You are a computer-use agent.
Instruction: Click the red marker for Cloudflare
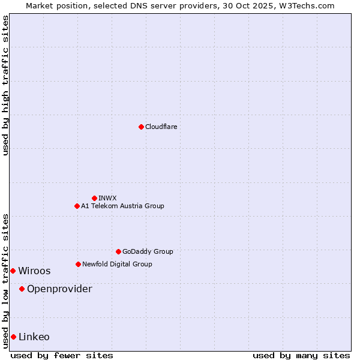[x=141, y=127]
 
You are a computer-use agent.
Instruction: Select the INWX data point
[x=94, y=198]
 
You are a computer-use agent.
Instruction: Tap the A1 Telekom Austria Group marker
[x=77, y=206]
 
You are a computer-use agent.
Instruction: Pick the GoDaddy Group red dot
[x=118, y=251]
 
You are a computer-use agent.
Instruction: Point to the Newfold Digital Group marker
[x=78, y=264]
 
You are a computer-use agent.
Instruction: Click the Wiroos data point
[x=13, y=271]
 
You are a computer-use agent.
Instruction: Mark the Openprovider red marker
[x=22, y=289]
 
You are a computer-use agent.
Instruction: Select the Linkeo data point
[x=13, y=337]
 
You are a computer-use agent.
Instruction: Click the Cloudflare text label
[x=161, y=127]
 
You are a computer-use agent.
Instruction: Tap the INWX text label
[x=107, y=198]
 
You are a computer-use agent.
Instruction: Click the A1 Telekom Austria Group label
[x=122, y=206]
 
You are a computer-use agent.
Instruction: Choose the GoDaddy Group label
[x=148, y=251]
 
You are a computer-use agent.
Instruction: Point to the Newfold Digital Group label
[x=117, y=264]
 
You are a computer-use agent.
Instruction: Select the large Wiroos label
[x=34, y=271]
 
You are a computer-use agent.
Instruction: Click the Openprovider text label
[x=59, y=289]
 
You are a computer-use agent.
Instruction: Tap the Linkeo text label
[x=34, y=337]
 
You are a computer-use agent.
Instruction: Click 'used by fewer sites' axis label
[x=62, y=355]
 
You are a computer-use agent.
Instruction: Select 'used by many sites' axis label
[x=301, y=355]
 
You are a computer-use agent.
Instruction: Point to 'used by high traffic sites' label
[x=5, y=85]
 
